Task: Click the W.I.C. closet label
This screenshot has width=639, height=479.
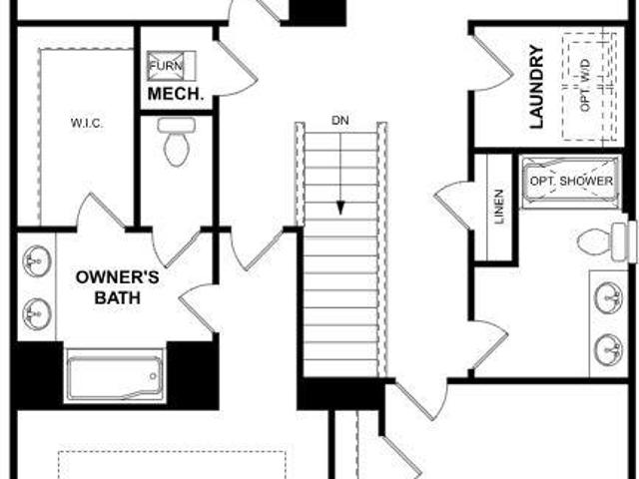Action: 87,123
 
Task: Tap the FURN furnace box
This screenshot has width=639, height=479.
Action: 171,66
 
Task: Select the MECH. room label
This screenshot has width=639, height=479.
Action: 176,94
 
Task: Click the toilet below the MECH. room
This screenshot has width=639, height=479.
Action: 176,142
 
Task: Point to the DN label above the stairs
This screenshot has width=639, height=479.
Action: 339,121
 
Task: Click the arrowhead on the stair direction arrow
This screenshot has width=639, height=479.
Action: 340,209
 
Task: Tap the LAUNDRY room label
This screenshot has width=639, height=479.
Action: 537,87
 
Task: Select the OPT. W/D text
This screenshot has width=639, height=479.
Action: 585,85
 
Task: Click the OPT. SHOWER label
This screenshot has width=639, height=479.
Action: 571,181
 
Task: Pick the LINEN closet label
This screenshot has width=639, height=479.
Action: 499,207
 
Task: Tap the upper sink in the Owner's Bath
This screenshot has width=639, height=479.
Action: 37,260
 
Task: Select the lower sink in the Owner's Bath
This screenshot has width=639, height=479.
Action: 37,313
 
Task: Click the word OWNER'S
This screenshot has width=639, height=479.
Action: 118,277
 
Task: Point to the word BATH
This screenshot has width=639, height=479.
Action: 118,297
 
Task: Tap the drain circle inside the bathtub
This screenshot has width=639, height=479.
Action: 153,376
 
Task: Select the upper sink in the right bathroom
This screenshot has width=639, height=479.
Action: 608,297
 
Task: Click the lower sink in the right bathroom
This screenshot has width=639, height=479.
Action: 608,350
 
